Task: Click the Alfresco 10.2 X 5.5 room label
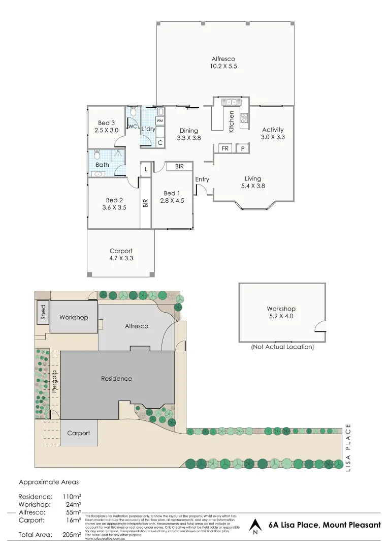(x=223, y=63)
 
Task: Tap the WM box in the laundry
(x=159, y=120)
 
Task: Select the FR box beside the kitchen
(x=224, y=148)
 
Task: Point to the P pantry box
(x=243, y=148)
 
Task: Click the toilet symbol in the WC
(x=133, y=111)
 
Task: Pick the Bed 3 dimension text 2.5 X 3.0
(x=106, y=130)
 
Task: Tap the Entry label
(x=202, y=179)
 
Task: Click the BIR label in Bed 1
(x=179, y=166)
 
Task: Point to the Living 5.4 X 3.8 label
(x=253, y=182)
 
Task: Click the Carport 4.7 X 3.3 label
(x=121, y=255)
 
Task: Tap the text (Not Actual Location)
(x=282, y=347)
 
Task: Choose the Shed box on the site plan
(x=43, y=312)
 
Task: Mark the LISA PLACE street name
(x=348, y=448)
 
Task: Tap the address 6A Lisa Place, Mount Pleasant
(x=325, y=525)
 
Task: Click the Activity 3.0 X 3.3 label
(x=273, y=133)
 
